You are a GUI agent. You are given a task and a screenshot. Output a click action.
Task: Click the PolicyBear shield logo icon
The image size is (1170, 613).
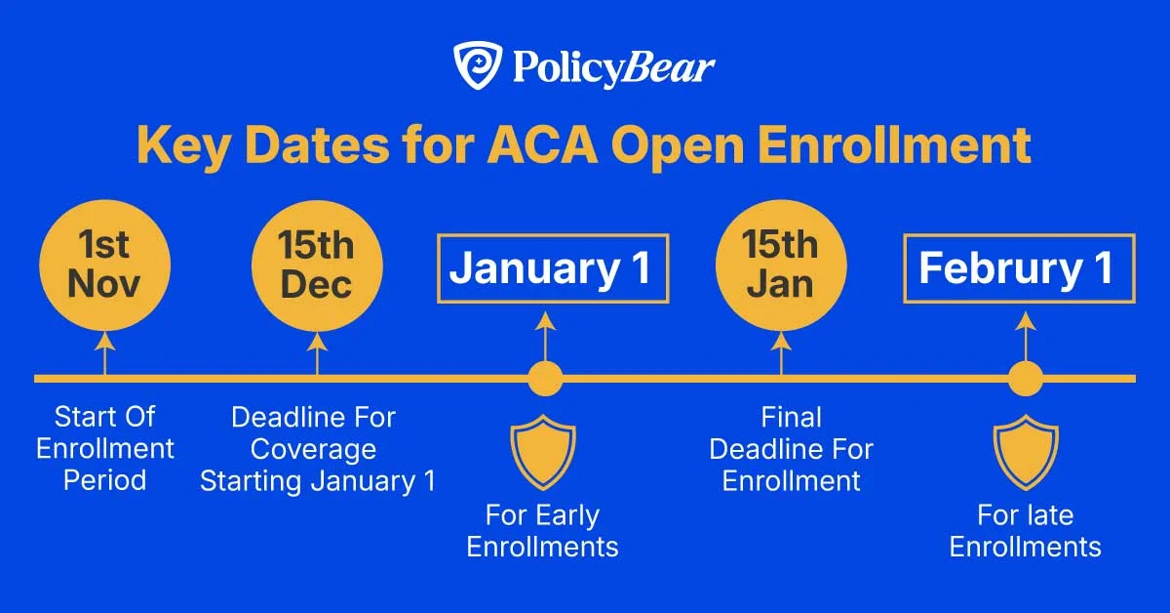click(477, 66)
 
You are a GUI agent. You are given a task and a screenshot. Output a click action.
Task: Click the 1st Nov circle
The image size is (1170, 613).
click(104, 265)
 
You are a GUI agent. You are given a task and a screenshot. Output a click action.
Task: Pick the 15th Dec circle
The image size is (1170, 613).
click(316, 265)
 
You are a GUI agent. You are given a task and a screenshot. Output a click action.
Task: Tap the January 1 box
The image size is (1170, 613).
click(549, 268)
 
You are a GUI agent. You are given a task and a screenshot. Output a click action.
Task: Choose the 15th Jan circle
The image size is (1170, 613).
click(780, 265)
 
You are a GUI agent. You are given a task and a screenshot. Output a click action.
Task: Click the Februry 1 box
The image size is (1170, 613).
click(1018, 268)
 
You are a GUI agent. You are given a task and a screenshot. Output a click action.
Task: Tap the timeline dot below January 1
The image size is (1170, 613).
click(545, 378)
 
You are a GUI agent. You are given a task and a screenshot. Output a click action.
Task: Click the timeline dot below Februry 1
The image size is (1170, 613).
click(1025, 378)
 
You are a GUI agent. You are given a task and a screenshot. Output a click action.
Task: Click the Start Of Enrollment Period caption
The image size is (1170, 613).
click(105, 449)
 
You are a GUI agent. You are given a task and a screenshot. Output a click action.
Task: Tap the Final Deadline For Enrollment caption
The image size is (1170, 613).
click(791, 449)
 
